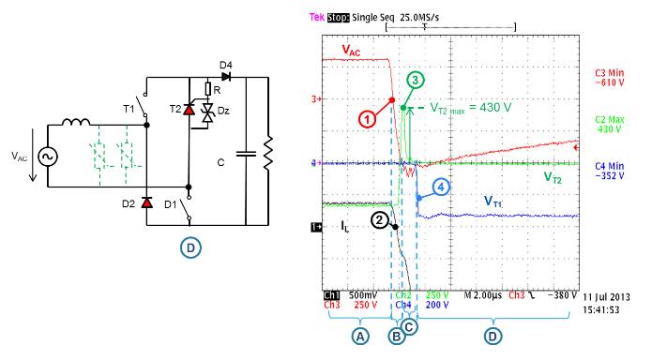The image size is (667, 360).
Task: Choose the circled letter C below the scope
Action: (409, 325)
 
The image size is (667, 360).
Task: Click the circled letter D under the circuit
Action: (189, 247)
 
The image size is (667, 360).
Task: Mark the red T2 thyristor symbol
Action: (189, 111)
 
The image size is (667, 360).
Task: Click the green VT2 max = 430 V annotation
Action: (470, 107)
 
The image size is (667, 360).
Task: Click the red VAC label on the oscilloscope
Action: (350, 49)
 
